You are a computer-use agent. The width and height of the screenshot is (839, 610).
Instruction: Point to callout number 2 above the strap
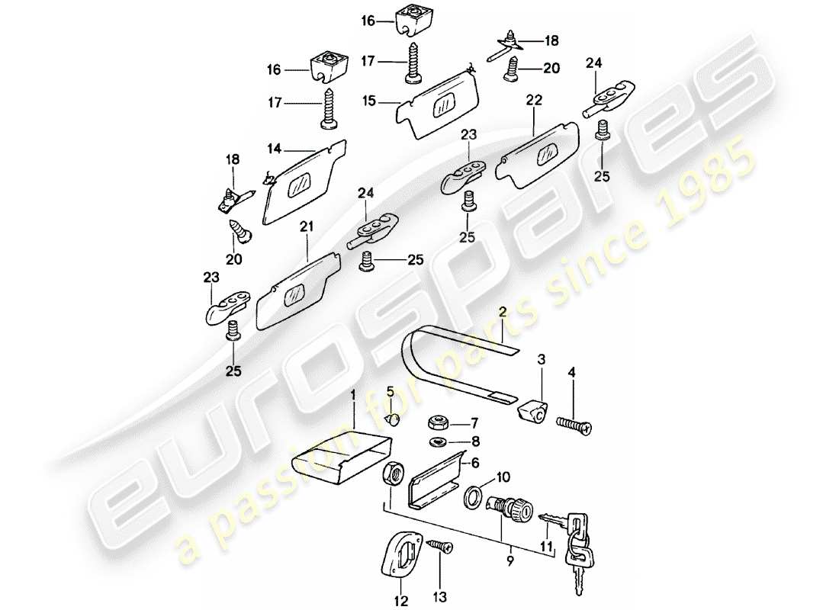(x=503, y=311)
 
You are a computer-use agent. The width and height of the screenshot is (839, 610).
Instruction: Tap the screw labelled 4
(x=575, y=421)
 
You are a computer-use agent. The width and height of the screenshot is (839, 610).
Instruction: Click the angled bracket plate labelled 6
(x=435, y=488)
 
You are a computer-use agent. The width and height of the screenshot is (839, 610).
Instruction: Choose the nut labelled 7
(x=439, y=422)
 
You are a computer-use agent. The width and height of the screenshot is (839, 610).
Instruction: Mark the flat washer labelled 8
(x=440, y=441)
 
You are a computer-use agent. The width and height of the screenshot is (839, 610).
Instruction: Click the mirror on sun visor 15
(x=444, y=108)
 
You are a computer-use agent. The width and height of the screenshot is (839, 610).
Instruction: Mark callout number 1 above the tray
(x=353, y=395)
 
